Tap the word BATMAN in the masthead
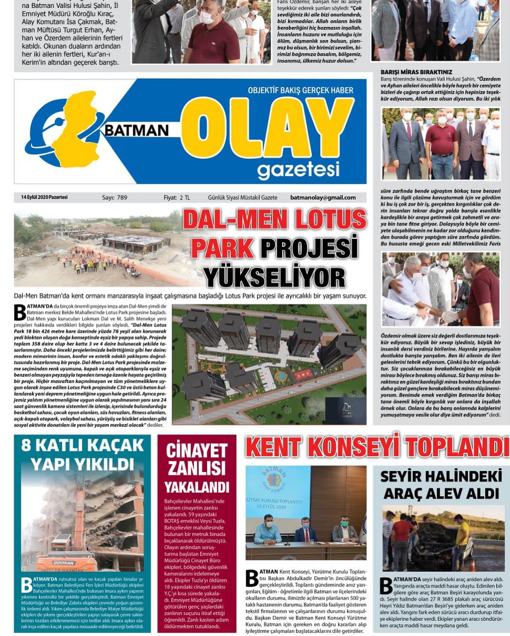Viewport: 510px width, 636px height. (137, 130)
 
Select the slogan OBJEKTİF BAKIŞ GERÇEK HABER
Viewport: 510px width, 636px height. (300, 90)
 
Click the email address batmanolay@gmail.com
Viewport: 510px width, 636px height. (323, 197)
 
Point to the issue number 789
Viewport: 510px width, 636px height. (121, 197)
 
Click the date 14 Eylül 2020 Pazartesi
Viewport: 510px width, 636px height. (44, 197)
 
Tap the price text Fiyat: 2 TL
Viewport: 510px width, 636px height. (177, 197)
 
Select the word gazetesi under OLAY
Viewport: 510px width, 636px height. (298, 169)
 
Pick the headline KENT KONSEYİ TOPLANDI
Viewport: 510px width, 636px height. (377, 447)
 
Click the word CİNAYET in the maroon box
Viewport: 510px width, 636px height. (197, 451)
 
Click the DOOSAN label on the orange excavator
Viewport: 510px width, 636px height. (64, 563)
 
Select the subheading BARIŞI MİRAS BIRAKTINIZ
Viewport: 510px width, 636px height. (416, 72)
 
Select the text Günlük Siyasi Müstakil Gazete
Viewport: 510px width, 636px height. (242, 197)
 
